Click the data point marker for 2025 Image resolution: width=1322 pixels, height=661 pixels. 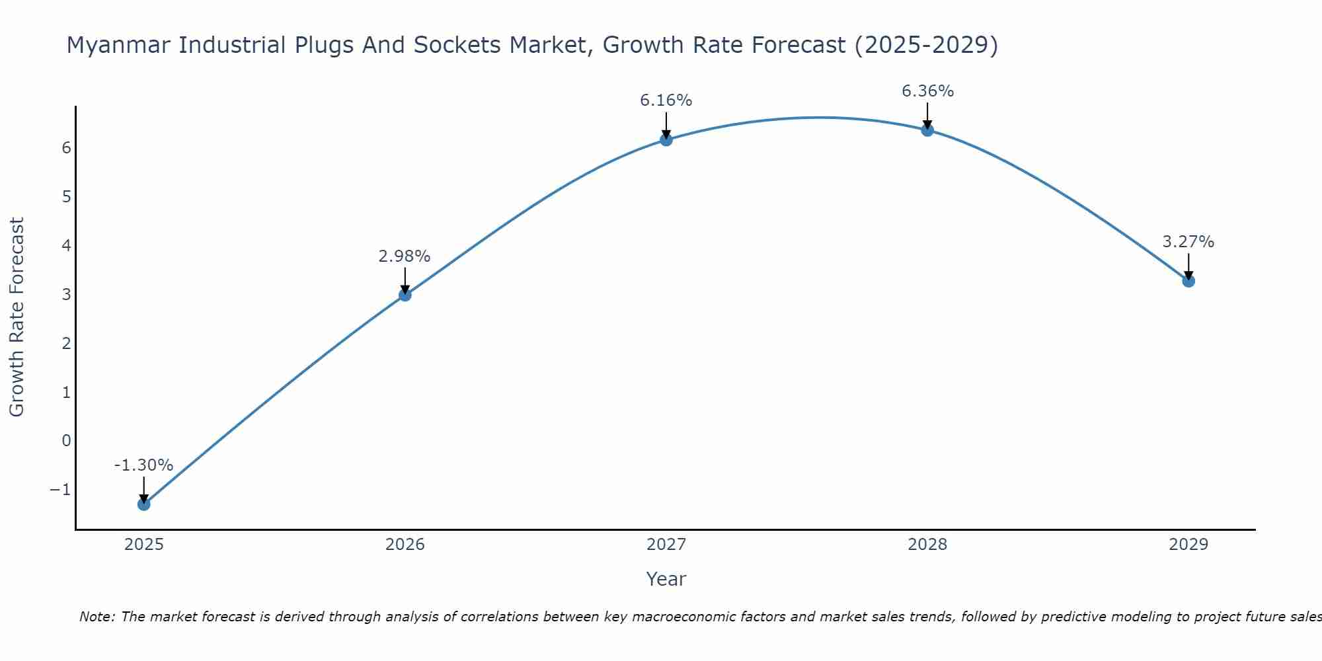tap(144, 504)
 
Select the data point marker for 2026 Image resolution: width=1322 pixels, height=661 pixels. tap(405, 295)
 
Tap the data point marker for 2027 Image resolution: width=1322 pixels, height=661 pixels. tap(666, 139)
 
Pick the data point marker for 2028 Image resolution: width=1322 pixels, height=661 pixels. tap(927, 130)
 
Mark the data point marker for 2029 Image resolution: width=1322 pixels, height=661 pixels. tap(1188, 281)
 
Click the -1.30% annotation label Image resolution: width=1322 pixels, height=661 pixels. tap(143, 465)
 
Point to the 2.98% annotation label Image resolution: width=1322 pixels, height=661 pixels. tap(405, 256)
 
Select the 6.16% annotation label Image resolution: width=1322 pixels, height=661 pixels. tap(666, 100)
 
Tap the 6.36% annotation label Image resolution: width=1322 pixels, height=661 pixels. tap(927, 91)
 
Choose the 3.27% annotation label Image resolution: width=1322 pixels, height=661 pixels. tap(1188, 242)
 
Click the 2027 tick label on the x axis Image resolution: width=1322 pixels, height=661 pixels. tap(666, 545)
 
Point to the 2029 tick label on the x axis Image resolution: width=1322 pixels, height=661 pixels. tap(1188, 545)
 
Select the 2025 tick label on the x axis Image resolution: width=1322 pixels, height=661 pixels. tap(144, 545)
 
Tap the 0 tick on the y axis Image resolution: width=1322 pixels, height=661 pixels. tap(66, 441)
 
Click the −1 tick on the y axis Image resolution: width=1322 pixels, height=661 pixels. tap(60, 490)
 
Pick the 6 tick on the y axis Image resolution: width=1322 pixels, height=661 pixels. tap(66, 147)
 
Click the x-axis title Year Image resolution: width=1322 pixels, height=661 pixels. tap(666, 579)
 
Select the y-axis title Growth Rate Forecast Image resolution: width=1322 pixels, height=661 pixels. tap(17, 317)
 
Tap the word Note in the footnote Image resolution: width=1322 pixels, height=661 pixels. tap(97, 617)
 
